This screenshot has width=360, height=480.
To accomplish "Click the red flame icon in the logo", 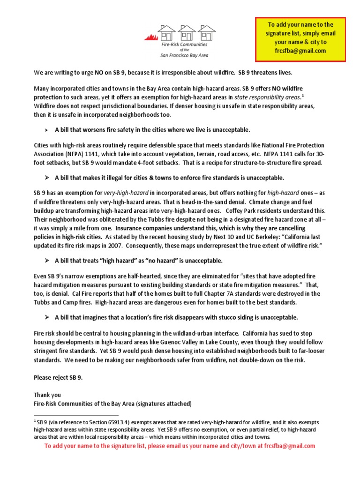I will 151,37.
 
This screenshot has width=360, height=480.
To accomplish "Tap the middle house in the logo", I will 186,33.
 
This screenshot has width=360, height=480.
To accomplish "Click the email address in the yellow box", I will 300,51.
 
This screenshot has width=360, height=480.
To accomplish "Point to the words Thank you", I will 47,395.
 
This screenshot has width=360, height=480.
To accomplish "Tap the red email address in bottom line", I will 289,446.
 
